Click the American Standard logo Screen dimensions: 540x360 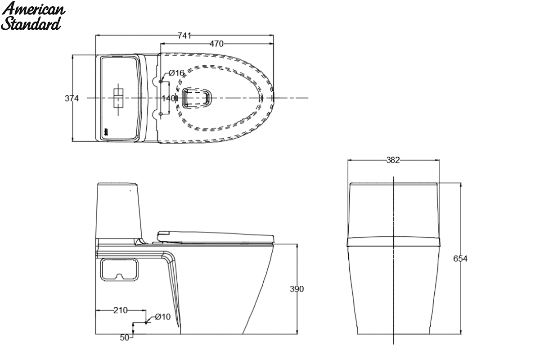click(32, 16)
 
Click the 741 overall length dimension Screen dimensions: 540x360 click(184, 36)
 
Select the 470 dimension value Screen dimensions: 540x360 click(216, 44)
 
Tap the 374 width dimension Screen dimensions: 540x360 click(72, 99)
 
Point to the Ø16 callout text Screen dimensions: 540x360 click(176, 73)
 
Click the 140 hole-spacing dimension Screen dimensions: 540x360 click(168, 99)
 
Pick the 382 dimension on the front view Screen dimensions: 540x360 click(393, 160)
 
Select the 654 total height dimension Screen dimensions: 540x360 click(460, 259)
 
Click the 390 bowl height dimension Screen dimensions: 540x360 click(297, 289)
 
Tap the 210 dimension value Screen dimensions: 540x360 click(121, 310)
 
